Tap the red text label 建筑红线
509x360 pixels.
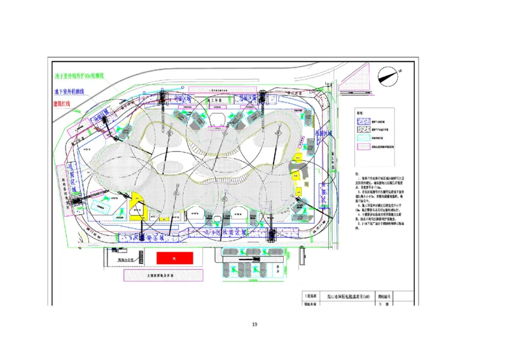pos(64,103)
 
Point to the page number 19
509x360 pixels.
pos(254,325)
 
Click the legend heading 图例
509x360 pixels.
pos(359,112)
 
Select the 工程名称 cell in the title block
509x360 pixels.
pos(311,296)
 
